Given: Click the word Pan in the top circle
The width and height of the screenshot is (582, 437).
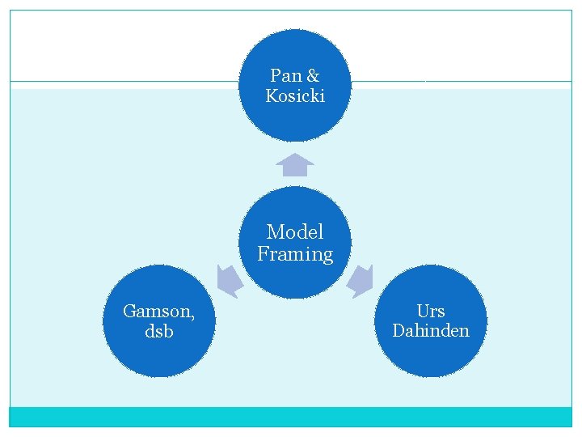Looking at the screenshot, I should pyautogui.click(x=285, y=76).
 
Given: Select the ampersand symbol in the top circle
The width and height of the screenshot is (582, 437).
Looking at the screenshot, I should pyautogui.click(x=313, y=76).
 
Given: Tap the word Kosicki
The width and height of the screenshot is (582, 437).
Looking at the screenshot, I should pyautogui.click(x=295, y=96).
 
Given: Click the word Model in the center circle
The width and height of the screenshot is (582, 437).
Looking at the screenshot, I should pyautogui.click(x=295, y=232).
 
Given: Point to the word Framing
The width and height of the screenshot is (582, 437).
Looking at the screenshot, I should pyautogui.click(x=295, y=254).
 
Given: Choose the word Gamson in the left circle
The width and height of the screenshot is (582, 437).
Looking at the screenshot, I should pyautogui.click(x=155, y=311).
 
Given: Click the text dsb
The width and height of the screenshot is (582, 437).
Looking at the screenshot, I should pyautogui.click(x=158, y=332).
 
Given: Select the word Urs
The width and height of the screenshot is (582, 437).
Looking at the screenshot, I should pyautogui.click(x=431, y=311).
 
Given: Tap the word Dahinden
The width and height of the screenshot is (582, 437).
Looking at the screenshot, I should pyautogui.click(x=431, y=331).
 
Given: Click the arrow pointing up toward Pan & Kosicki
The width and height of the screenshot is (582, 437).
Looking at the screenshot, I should pyautogui.click(x=295, y=164).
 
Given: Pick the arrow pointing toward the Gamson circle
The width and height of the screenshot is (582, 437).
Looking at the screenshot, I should pyautogui.click(x=229, y=281).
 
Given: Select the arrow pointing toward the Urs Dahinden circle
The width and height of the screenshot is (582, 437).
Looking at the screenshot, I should pyautogui.click(x=361, y=281).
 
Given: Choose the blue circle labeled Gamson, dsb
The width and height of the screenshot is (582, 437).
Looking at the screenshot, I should pyautogui.click(x=158, y=356).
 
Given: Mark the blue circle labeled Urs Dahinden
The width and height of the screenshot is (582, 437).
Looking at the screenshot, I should pyautogui.click(x=431, y=356).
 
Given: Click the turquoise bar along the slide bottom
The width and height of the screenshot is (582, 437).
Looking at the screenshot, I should pyautogui.click(x=291, y=417).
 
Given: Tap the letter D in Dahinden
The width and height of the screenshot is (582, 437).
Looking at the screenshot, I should pyautogui.click(x=398, y=331).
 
